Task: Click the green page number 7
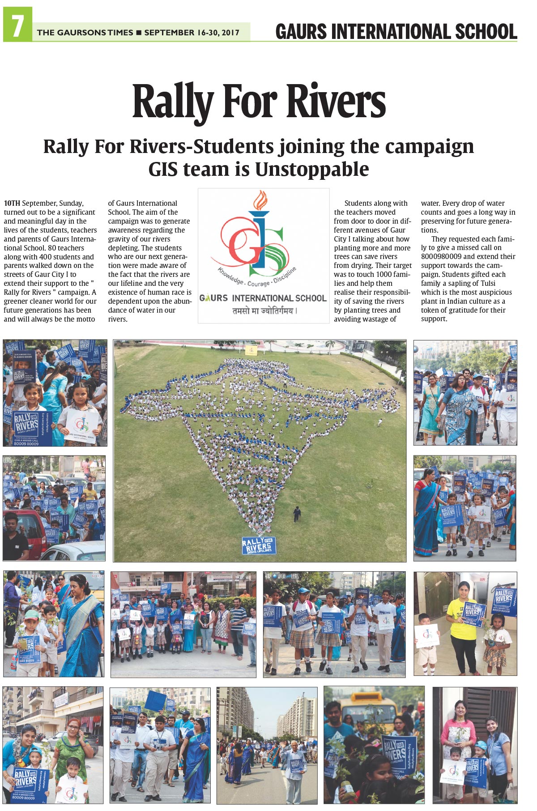point(17,25)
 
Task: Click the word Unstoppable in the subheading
point(312,170)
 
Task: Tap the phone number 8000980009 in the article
point(443,257)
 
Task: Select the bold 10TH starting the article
point(12,204)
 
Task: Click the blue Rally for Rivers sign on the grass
point(259,546)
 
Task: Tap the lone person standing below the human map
point(297,514)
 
